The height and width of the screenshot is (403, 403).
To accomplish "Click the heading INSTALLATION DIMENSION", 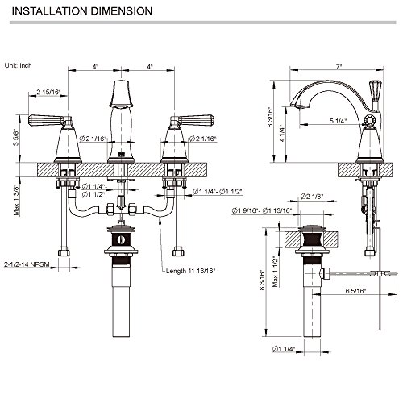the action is (x=82, y=11).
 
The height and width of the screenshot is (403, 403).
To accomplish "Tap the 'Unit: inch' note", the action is (x=18, y=65).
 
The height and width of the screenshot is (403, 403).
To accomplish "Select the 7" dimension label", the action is (x=339, y=66).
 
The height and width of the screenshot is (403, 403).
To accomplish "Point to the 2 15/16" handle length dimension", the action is (x=48, y=92).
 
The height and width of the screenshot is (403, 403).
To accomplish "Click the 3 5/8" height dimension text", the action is (x=17, y=137).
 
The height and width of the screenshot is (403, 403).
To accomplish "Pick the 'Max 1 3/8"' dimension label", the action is (x=17, y=200).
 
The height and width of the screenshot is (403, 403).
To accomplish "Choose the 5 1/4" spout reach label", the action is (x=338, y=121).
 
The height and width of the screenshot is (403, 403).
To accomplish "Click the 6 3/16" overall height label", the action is (x=270, y=118).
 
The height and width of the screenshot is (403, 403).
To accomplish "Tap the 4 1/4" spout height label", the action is (x=282, y=133).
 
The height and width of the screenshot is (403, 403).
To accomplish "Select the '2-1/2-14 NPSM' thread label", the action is (x=27, y=264).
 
